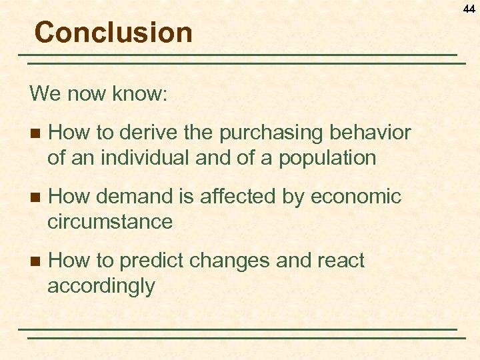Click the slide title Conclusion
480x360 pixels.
click(x=113, y=32)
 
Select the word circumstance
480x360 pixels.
click(x=110, y=221)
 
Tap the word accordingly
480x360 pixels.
click(x=101, y=286)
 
